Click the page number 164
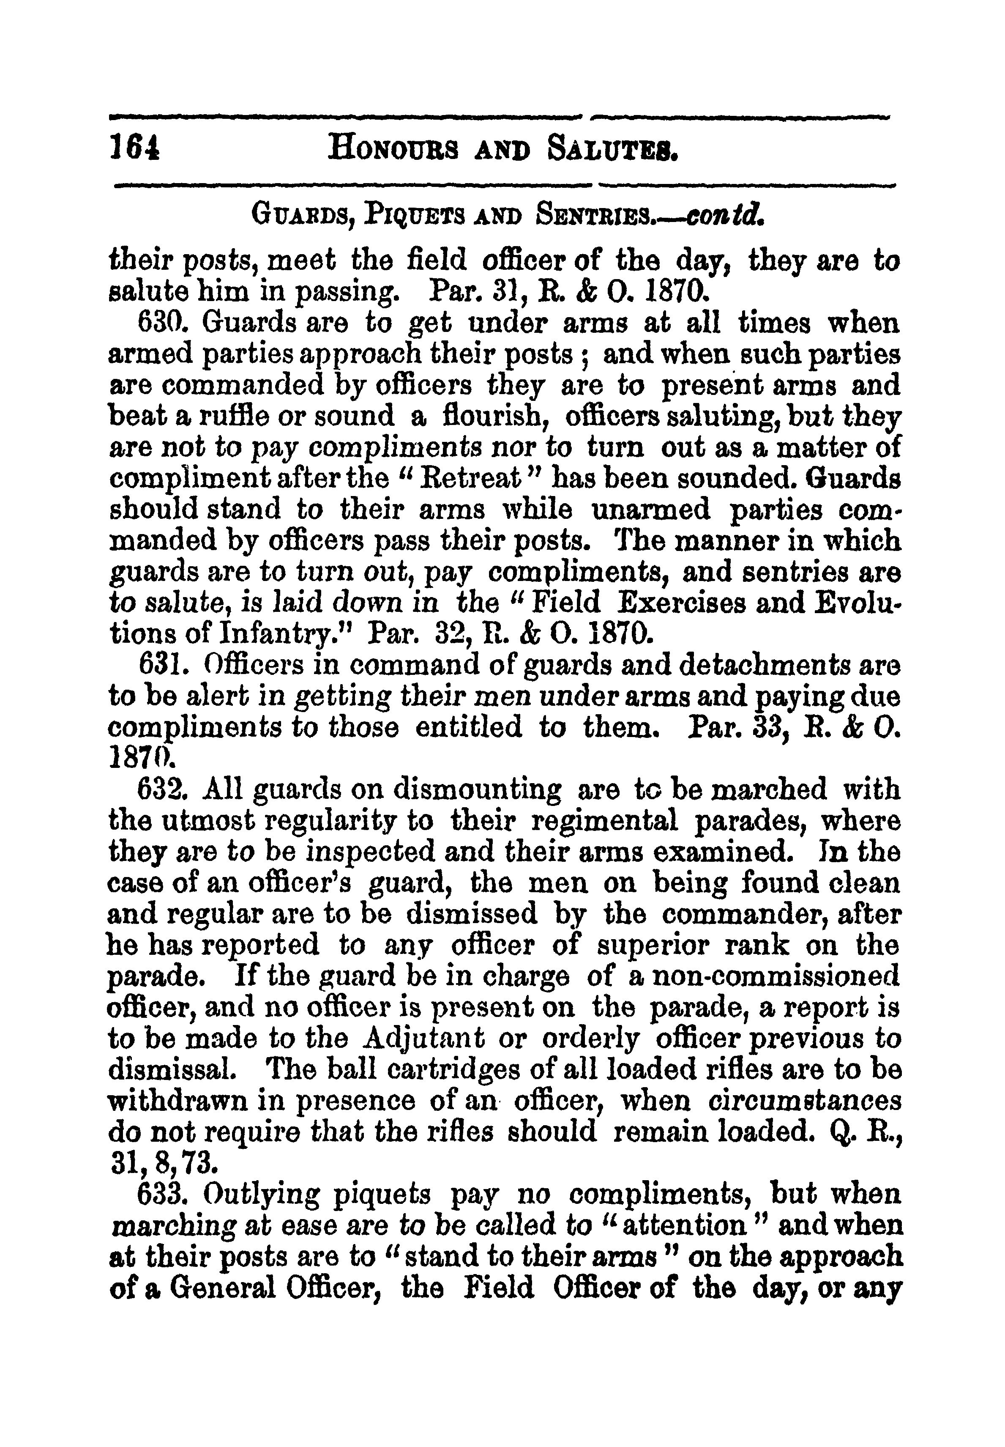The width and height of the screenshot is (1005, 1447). coord(134,152)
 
